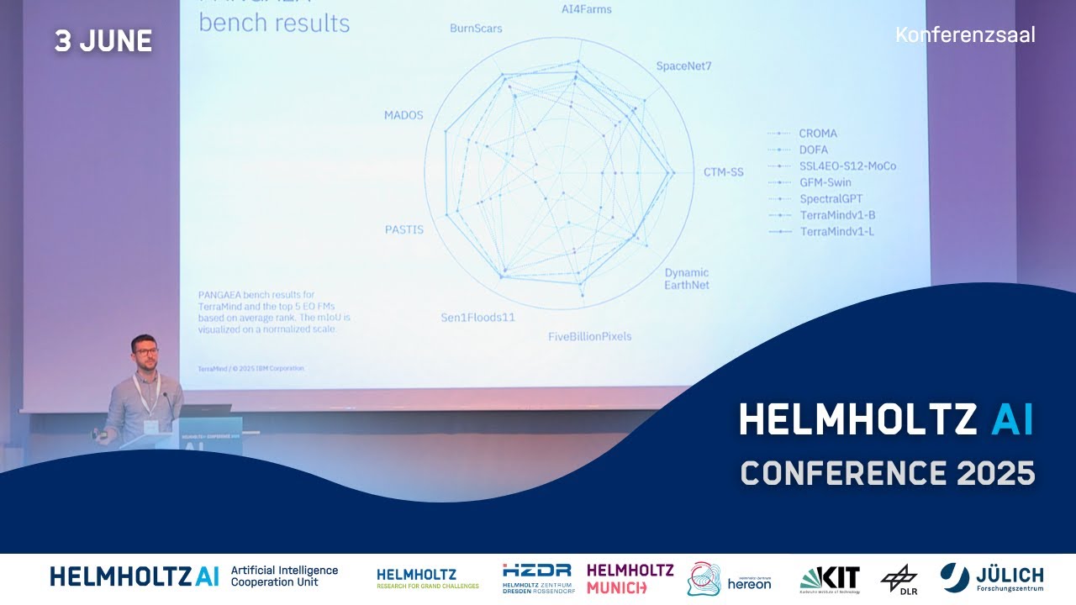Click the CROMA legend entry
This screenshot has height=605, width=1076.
[x=817, y=133]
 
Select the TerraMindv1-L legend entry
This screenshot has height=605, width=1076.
[x=836, y=231]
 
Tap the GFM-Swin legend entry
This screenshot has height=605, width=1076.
[x=825, y=182]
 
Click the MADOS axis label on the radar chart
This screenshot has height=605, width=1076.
[x=403, y=115]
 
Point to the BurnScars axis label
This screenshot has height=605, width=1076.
[x=476, y=29]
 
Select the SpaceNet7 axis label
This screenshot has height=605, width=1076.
[x=683, y=66]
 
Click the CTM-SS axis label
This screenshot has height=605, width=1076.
[x=723, y=172]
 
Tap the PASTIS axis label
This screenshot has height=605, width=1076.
[x=404, y=229]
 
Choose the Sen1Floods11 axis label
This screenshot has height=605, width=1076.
[x=477, y=318]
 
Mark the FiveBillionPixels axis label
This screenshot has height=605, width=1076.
[x=589, y=337]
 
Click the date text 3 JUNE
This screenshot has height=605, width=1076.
[x=103, y=41]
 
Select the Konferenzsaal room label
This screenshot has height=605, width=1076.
[x=965, y=35]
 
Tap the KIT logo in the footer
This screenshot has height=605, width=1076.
[x=830, y=578]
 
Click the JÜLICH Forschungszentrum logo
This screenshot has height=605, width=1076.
[x=992, y=578]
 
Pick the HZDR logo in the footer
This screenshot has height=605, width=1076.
[x=536, y=577]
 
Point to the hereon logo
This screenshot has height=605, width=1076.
[x=729, y=579]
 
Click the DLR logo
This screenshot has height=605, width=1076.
[x=899, y=579]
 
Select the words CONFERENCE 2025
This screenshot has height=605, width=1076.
[x=887, y=474]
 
